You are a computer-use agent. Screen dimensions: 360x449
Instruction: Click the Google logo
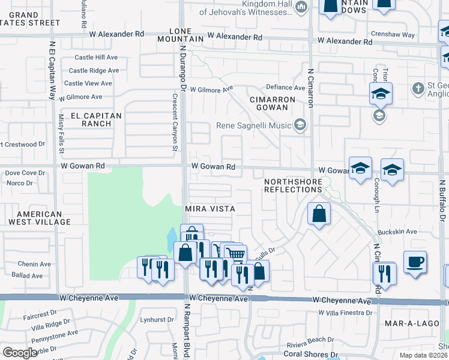20,353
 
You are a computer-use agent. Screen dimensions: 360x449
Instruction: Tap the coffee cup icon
415,262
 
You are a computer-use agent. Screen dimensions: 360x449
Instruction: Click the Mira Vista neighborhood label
209,208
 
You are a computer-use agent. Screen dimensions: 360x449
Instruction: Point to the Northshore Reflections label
294,185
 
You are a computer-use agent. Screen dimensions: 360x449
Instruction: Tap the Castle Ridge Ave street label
94,70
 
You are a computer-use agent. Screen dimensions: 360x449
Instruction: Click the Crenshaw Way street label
409,35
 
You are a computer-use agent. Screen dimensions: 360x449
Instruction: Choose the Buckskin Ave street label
397,232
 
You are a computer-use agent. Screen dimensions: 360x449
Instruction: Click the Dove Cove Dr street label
25,173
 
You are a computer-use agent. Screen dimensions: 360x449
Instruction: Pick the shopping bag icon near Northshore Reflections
319,214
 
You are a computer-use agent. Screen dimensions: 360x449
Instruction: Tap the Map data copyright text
424,355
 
